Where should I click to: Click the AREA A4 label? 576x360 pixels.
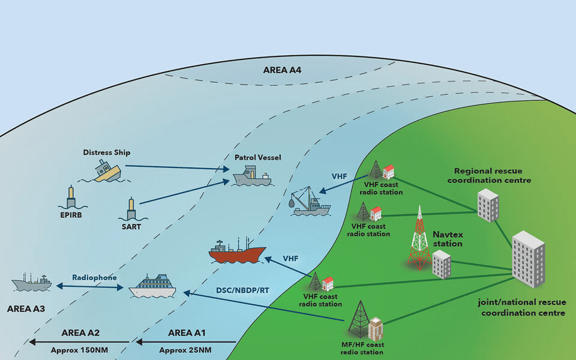click(282, 70)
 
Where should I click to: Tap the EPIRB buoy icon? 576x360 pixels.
click(72, 197)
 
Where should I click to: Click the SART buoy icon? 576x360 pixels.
click(131, 209)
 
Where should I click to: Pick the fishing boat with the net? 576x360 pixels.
click(310, 203)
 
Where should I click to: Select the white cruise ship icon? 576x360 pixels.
click(152, 286)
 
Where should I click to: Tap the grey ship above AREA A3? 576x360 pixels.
click(32, 283)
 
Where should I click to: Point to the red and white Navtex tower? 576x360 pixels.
click(419, 238)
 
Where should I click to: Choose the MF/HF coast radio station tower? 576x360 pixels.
click(359, 320)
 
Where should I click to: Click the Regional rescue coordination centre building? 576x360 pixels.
click(488, 205)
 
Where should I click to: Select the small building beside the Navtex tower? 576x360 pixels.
click(442, 264)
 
